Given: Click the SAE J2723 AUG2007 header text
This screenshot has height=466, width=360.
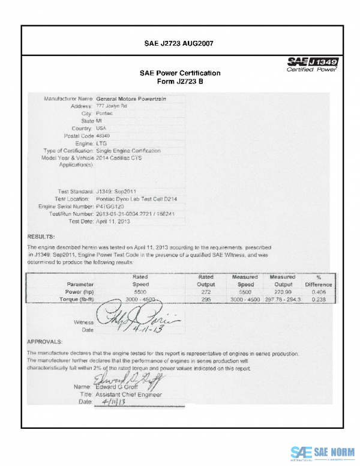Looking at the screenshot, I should (x=179, y=44).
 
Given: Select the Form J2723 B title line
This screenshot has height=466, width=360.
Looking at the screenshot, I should (x=180, y=82).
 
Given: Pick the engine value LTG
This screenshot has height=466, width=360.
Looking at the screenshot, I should (x=101, y=144).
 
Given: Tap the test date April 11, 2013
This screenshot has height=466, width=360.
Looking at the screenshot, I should (x=113, y=221).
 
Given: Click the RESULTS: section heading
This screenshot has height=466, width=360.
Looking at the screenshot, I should (x=41, y=237).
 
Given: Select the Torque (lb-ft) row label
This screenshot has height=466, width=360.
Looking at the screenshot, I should (x=76, y=298).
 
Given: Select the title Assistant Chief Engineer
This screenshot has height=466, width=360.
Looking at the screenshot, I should (x=133, y=395).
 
